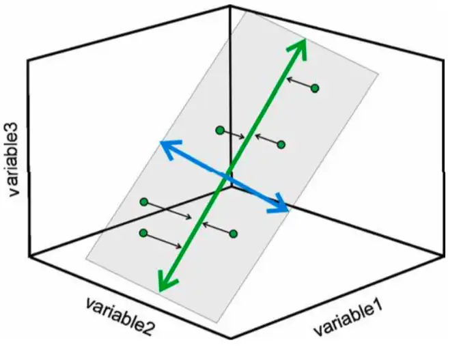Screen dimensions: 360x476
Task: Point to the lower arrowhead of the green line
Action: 162,286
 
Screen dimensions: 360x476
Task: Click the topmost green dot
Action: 315,87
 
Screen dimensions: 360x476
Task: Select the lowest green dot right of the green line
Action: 234,234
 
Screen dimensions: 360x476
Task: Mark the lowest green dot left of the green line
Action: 143,234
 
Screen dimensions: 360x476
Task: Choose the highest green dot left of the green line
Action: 219,130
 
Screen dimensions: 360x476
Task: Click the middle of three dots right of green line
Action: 281,144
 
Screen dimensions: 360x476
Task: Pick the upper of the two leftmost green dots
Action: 143,202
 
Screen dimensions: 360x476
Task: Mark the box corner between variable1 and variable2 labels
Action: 229,337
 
